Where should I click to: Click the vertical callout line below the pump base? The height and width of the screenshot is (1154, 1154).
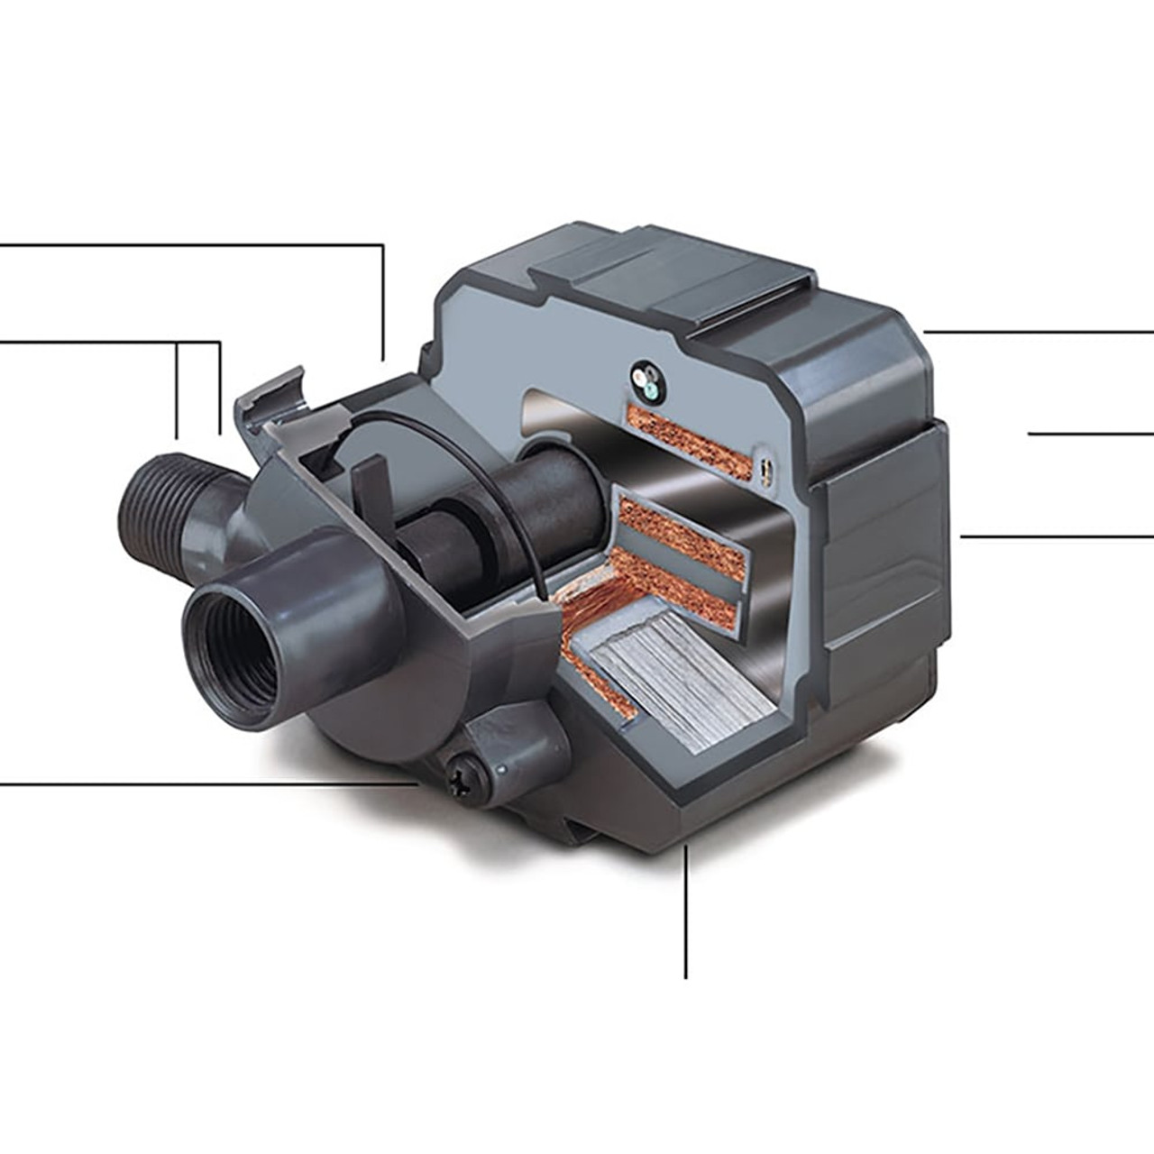pyautogui.click(x=686, y=911)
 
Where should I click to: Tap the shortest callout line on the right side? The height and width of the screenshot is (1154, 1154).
pyautogui.click(x=1091, y=434)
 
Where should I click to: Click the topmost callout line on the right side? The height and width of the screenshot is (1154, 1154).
pyautogui.click(x=1037, y=332)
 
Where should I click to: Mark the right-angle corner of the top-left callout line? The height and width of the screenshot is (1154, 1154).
pyautogui.click(x=383, y=244)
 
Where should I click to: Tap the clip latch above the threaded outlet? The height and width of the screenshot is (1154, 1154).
pyautogui.click(x=270, y=397)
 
